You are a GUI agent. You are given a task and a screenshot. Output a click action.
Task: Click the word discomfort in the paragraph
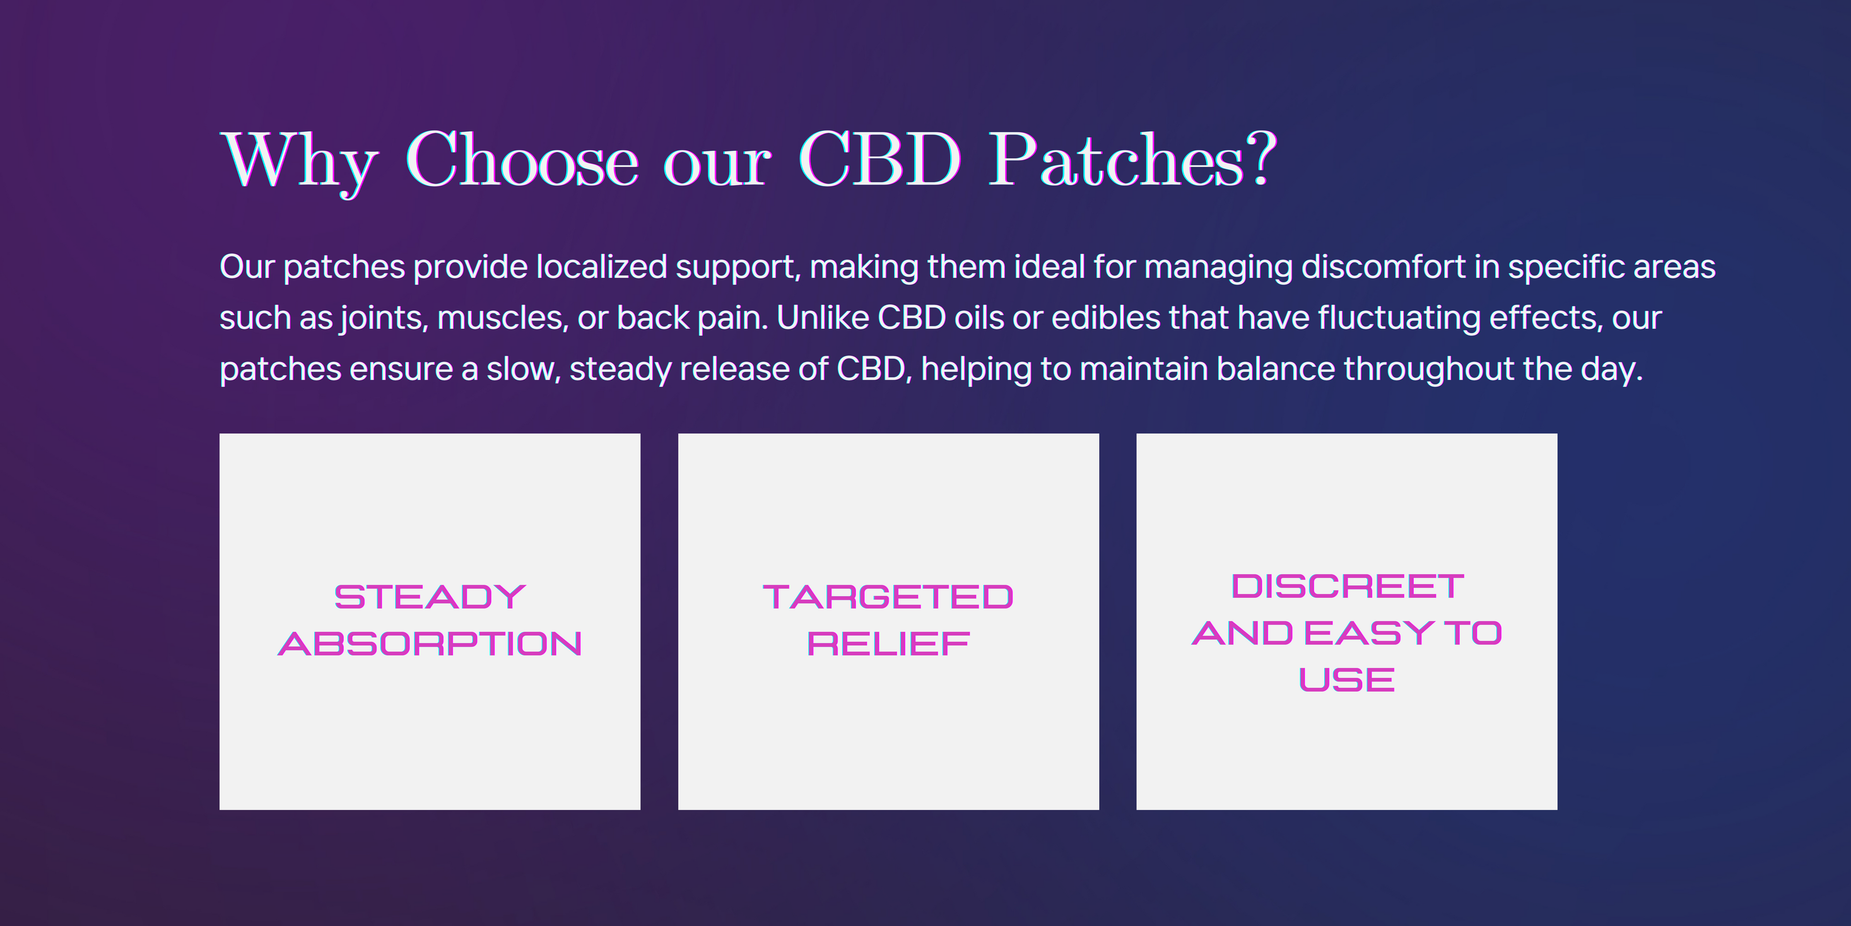pyautogui.click(x=1383, y=267)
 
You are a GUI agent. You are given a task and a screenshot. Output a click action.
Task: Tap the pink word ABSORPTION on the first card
pyautogui.click(x=429, y=643)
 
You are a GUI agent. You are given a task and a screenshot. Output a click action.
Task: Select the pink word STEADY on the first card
pyautogui.click(x=429, y=597)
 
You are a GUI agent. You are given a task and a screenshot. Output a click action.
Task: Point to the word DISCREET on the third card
pyautogui.click(x=1347, y=586)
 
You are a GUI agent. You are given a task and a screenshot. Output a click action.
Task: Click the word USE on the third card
pyautogui.click(x=1347, y=680)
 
